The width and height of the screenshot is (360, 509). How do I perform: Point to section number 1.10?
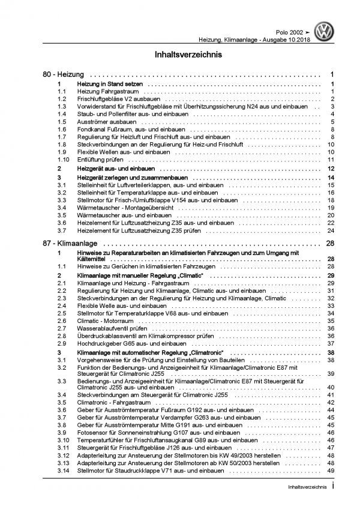pyautogui.click(x=61, y=160)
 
